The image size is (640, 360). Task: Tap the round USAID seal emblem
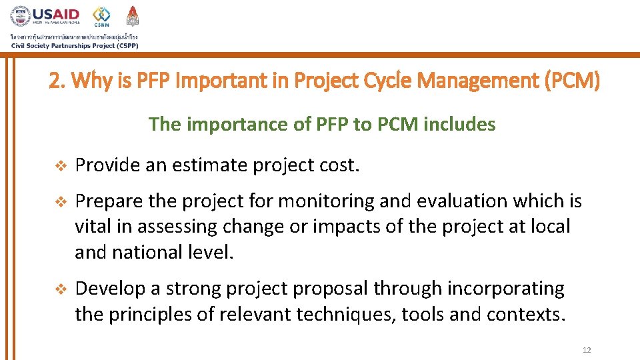(x=21, y=17)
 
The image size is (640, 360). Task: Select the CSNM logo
(x=101, y=15)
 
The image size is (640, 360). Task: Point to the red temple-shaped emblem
(x=133, y=15)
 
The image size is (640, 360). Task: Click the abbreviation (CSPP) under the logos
(x=122, y=45)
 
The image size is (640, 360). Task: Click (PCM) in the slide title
(x=573, y=82)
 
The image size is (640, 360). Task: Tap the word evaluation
(x=429, y=201)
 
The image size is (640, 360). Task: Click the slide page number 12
(x=586, y=350)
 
